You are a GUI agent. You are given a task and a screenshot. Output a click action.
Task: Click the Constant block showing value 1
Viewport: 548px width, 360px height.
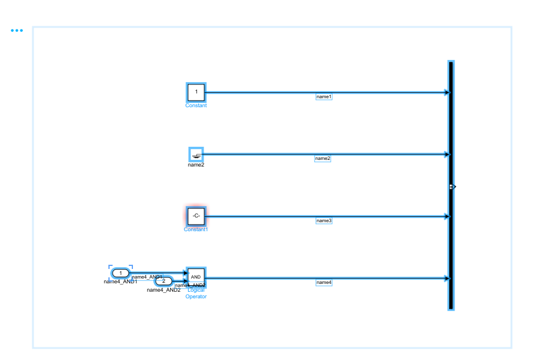click(196, 92)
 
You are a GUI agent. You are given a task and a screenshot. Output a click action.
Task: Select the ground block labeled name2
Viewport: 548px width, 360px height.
click(196, 155)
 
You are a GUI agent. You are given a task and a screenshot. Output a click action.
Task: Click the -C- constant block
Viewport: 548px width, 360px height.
click(196, 216)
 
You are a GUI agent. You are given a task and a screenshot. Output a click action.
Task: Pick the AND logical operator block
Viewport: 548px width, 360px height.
click(196, 277)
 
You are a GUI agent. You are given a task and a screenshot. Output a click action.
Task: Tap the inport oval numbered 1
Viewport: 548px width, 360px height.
click(120, 273)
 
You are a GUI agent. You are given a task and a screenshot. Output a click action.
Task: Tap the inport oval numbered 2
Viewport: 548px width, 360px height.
click(164, 281)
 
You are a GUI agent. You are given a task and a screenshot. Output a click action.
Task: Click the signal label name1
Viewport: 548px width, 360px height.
click(323, 96)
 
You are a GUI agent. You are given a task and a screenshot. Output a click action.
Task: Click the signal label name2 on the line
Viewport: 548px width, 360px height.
click(323, 159)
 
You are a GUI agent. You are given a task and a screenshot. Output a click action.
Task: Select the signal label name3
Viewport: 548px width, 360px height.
click(323, 221)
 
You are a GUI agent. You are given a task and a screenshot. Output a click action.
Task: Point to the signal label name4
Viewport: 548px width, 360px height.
click(323, 282)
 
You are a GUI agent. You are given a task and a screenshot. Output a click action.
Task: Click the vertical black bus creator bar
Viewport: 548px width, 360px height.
click(450, 240)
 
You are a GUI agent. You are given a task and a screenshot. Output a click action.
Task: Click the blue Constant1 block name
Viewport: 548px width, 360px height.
click(196, 229)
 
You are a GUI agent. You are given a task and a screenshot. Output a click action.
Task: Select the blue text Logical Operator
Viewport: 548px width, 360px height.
click(196, 294)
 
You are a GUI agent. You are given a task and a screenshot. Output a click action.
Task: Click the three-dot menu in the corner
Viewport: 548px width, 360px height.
click(17, 31)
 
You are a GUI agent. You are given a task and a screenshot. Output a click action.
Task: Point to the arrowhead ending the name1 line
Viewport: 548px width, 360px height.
click(446, 92)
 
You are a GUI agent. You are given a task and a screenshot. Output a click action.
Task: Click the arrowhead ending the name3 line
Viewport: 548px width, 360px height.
click(446, 216)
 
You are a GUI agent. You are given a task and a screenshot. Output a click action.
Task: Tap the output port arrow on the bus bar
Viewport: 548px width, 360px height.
click(454, 187)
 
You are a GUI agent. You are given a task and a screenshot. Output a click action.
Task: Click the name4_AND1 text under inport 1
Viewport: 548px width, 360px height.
click(120, 282)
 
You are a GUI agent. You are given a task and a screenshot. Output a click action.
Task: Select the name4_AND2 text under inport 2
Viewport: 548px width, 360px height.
click(163, 290)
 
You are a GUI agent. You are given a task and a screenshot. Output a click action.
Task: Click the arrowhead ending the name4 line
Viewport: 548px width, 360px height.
click(446, 278)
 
